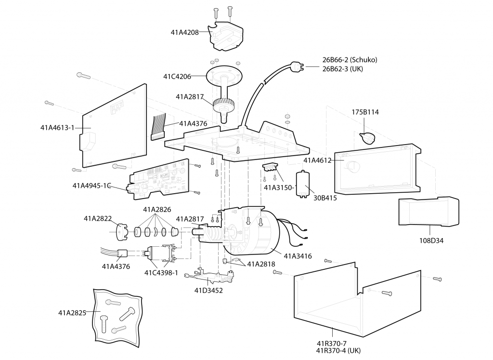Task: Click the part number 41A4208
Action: tap(184, 33)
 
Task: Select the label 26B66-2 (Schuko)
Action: tap(350, 60)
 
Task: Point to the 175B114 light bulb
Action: tap(368, 137)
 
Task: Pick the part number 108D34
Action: tap(431, 240)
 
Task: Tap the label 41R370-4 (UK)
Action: tap(338, 350)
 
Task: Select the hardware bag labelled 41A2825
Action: tap(117, 315)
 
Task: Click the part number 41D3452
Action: tap(208, 290)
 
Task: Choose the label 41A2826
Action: tap(157, 210)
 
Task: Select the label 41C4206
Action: tap(177, 76)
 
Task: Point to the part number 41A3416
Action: tap(298, 256)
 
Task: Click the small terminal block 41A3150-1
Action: tap(271, 167)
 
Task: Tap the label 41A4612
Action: tap(317, 160)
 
